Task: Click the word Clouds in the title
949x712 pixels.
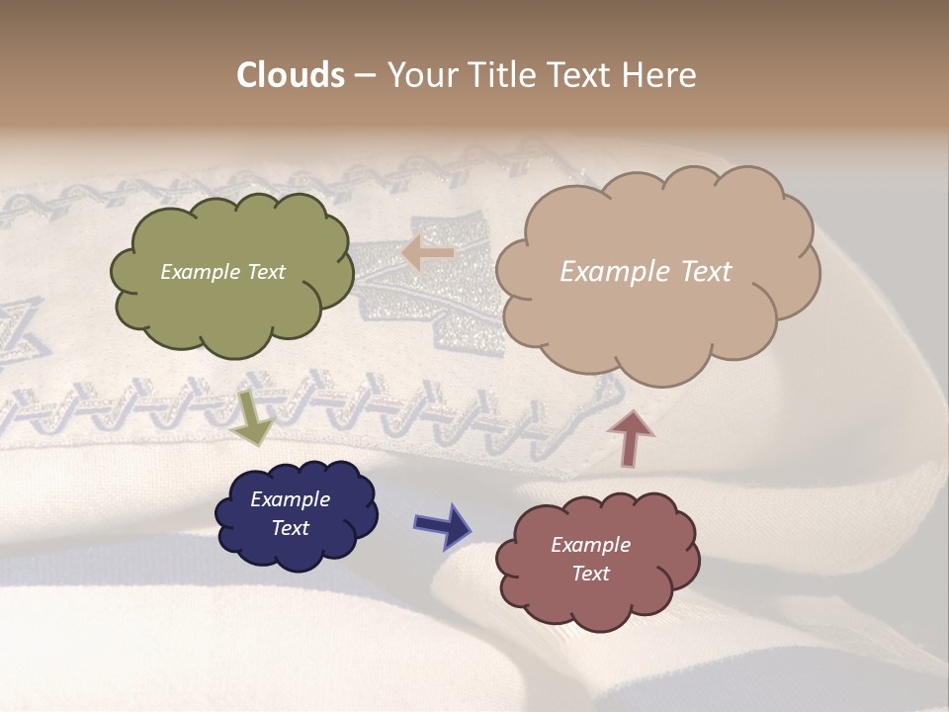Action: click(x=291, y=75)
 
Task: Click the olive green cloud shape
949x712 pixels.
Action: click(x=232, y=307)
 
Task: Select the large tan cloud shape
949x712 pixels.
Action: click(x=657, y=316)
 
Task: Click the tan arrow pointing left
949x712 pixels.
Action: click(x=427, y=253)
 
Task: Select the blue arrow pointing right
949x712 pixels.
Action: click(x=442, y=525)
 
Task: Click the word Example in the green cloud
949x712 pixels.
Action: click(x=201, y=272)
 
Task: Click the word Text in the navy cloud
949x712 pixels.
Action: click(x=291, y=528)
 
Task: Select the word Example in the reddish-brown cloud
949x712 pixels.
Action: click(x=590, y=545)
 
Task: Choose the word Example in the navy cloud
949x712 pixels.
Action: click(x=291, y=499)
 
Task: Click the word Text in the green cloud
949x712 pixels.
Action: click(x=265, y=272)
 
